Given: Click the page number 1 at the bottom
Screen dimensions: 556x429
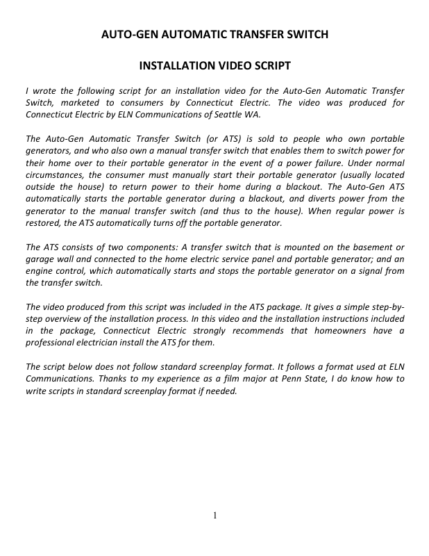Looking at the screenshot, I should [x=215, y=515].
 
